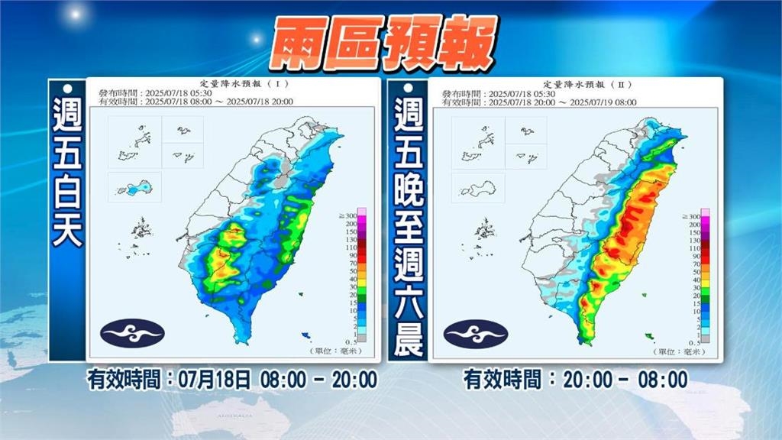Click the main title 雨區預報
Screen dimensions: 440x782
pos(390,44)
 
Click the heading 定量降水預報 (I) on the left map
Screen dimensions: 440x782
pos(232,83)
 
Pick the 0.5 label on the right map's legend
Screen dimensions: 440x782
pos(694,342)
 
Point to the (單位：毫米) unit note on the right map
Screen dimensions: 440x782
pos(679,351)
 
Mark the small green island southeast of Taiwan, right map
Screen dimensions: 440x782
pos(648,335)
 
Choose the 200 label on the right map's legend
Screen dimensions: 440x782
pos(694,225)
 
